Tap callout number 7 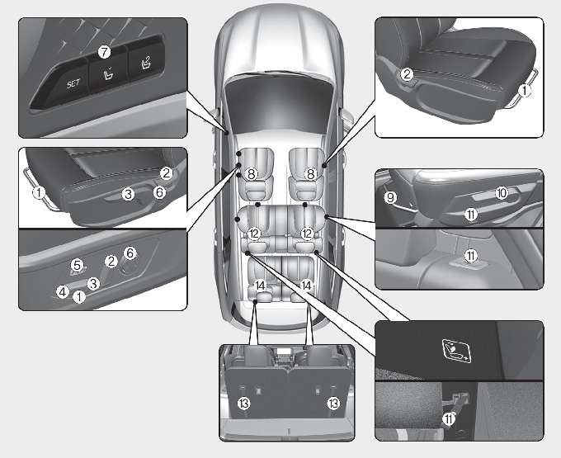pyautogui.click(x=104, y=51)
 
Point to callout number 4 pyautogui.click(x=62, y=291)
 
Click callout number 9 pyautogui.click(x=390, y=197)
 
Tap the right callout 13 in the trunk pyautogui.click(x=333, y=403)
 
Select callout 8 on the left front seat pyautogui.click(x=252, y=174)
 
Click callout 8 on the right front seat pyautogui.click(x=311, y=174)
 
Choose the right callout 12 pyautogui.click(x=307, y=234)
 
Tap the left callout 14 pyautogui.click(x=261, y=285)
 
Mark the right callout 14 pyautogui.click(x=308, y=285)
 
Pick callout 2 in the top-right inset pyautogui.click(x=407, y=74)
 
